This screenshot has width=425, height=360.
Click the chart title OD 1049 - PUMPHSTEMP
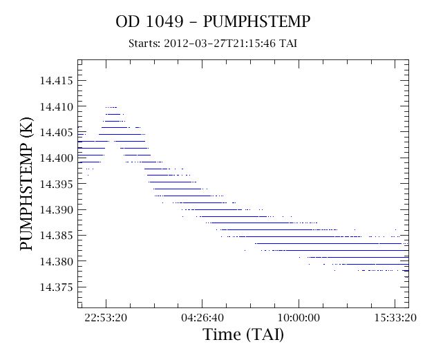coord(213,21)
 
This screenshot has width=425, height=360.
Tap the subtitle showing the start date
coord(213,44)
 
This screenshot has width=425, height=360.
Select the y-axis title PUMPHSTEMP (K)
coord(26,184)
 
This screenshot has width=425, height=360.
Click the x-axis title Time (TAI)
coord(243,334)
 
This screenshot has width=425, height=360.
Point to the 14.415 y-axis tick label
coord(57,81)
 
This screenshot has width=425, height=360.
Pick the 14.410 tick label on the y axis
coord(57,107)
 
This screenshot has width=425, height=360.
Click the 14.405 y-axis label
coord(57,133)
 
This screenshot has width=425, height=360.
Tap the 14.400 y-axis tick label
coord(57,158)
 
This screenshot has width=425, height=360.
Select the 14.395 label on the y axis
coord(57,184)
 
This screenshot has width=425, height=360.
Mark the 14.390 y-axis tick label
coord(57,210)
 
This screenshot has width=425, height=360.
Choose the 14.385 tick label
coord(57,236)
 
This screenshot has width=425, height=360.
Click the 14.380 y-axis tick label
coord(57,262)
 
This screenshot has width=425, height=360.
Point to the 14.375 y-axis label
coord(57,287)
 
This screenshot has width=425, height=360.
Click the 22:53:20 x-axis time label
coord(106,317)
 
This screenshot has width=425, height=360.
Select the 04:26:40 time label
coord(202,317)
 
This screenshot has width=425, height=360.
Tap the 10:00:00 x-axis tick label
coord(299,317)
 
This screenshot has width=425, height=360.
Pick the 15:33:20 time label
coord(395,317)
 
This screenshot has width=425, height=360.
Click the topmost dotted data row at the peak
coord(111,107)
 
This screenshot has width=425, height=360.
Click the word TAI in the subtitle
coord(288,44)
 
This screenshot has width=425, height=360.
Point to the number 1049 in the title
coord(164,21)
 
